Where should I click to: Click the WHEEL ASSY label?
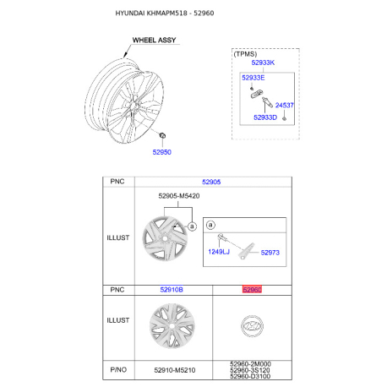click(154, 40)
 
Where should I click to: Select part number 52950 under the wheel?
click(162, 152)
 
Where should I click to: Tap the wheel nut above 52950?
click(162, 135)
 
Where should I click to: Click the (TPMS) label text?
click(245, 54)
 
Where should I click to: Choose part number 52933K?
click(263, 63)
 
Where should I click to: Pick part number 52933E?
click(253, 78)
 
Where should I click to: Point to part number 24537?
click(285, 106)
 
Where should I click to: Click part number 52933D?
click(265, 117)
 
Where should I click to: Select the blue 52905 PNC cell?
click(211, 182)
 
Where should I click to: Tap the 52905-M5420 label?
click(179, 196)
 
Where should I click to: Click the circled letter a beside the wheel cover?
click(192, 226)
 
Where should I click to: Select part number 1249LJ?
click(219, 252)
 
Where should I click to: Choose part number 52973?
click(270, 253)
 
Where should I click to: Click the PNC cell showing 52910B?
click(172, 290)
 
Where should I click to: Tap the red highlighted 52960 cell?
click(252, 290)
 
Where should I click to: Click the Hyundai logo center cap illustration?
click(252, 326)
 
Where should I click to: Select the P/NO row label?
click(118, 369)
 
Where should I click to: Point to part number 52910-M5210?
click(175, 370)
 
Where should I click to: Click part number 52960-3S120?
click(250, 370)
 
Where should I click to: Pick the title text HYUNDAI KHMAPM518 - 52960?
click(165, 13)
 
